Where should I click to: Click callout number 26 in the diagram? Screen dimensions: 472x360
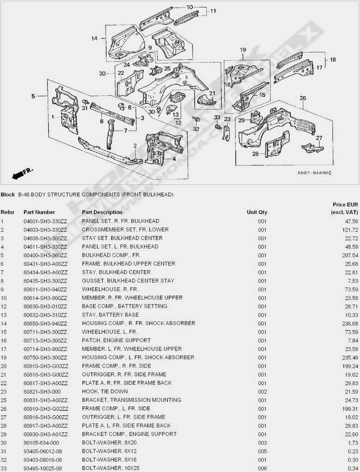pyautogui.click(x=303, y=98)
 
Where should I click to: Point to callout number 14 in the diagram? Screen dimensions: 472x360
pyautogui.click(x=95, y=38)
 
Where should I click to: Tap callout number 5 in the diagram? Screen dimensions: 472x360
pyautogui.click(x=33, y=96)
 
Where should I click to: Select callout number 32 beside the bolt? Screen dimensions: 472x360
pyautogui.click(x=196, y=129)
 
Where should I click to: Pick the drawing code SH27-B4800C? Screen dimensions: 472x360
pyautogui.click(x=314, y=173)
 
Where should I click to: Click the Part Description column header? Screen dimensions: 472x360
pyautogui.click(x=102, y=212)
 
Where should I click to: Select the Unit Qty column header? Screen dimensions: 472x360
pyautogui.click(x=257, y=212)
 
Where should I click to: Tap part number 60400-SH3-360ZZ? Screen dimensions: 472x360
pyautogui.click(x=45, y=255)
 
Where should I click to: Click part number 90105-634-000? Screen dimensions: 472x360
pyautogui.click(x=41, y=442)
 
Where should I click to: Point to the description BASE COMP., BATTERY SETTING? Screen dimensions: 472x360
pyautogui.click(x=124, y=306)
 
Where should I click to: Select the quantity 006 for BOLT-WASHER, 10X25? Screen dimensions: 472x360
pyautogui.click(x=262, y=468)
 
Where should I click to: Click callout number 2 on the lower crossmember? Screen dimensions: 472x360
pyautogui.click(x=135, y=146)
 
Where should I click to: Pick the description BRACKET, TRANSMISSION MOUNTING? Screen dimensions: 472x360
pyautogui.click(x=131, y=400)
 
